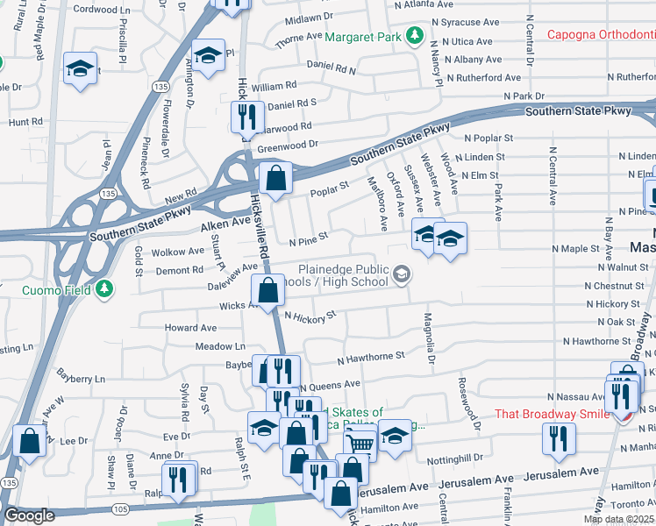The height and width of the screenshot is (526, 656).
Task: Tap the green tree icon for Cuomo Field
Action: click(104, 288)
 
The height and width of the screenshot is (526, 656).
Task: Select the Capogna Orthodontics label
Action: click(601, 36)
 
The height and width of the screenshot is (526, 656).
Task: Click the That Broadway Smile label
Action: click(552, 414)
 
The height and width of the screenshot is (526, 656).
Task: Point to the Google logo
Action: click(29, 516)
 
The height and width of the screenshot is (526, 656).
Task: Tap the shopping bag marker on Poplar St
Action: click(275, 178)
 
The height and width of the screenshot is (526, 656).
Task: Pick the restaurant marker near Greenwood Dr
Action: click(247, 117)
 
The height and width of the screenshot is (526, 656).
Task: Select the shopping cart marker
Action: click(360, 444)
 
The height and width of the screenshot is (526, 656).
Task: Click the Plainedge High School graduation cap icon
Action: click(402, 275)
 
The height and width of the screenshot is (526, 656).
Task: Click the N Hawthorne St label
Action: click(371, 357)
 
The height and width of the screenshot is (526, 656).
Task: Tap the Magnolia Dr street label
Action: click(430, 338)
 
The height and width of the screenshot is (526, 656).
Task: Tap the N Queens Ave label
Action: click(330, 385)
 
